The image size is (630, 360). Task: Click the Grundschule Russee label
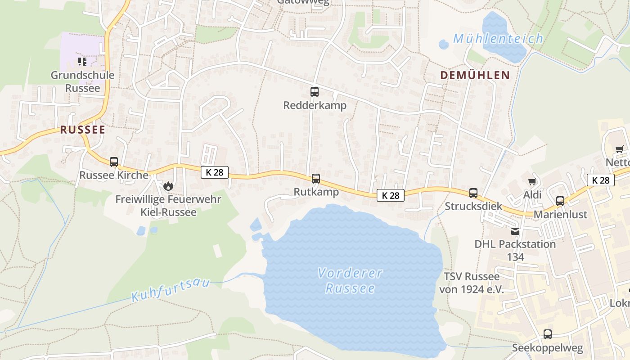click(82, 81)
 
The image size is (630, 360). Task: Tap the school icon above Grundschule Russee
click(82, 61)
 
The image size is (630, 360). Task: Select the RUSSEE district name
click(83, 130)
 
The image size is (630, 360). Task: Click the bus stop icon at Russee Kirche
click(114, 162)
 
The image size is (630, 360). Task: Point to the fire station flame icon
click(168, 185)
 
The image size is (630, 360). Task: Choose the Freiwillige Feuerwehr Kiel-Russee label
click(168, 205)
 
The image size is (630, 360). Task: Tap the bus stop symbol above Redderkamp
click(315, 92)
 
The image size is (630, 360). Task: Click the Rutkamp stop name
click(316, 192)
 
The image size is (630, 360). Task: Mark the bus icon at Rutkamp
click(316, 179)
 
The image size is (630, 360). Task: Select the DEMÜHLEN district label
click(475, 75)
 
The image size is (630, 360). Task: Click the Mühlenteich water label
click(498, 39)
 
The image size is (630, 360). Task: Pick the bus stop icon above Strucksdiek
click(473, 193)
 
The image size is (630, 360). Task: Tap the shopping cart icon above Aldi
click(532, 182)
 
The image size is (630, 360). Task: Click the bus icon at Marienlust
click(560, 201)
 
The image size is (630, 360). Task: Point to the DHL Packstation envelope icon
click(515, 231)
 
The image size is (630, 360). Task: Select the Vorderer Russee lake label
click(350, 280)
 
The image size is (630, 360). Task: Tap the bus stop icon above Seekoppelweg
click(548, 334)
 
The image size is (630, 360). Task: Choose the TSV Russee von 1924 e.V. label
click(472, 283)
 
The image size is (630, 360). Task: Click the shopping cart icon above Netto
click(620, 149)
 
